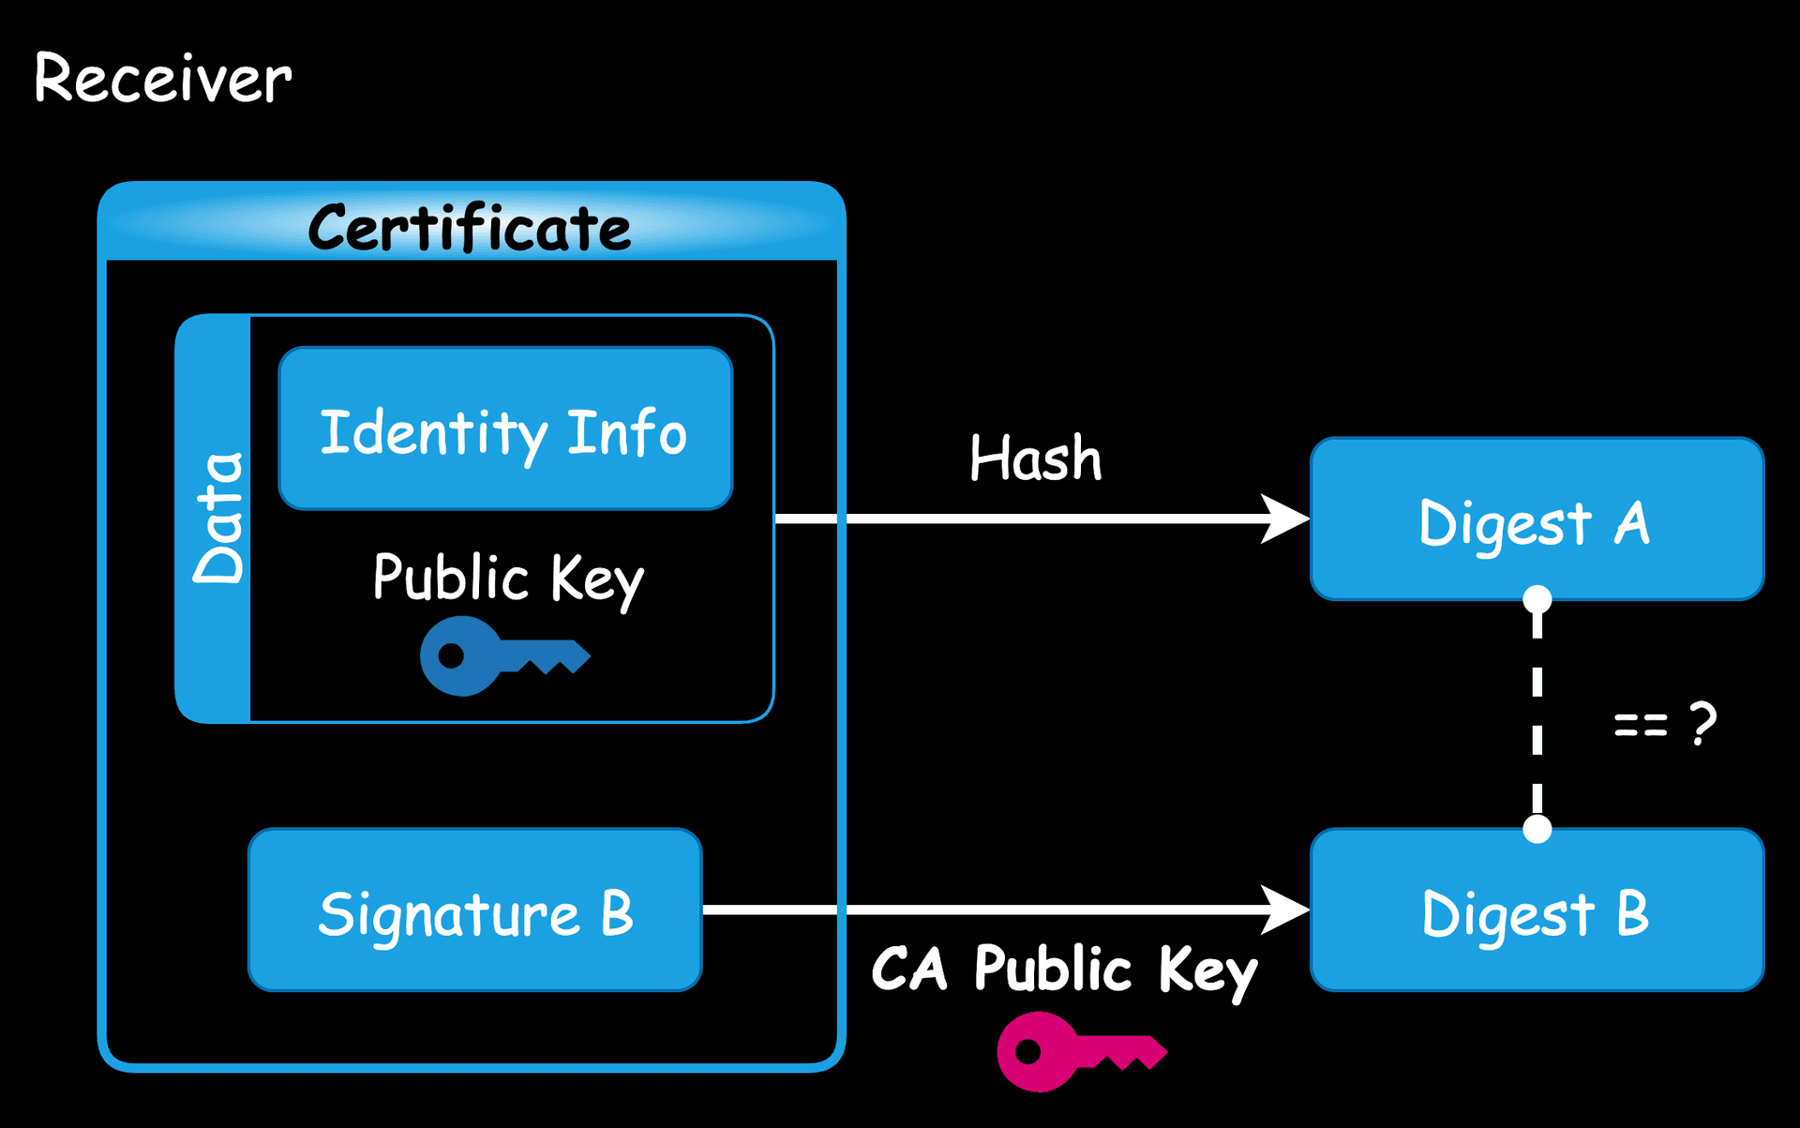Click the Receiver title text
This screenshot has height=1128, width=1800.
tap(162, 79)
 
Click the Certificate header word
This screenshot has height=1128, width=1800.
tap(469, 228)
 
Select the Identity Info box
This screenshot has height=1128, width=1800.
tap(505, 429)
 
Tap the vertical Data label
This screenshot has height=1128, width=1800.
tap(217, 519)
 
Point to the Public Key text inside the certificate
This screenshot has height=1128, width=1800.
tap(507, 578)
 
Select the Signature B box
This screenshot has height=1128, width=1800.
tap(474, 910)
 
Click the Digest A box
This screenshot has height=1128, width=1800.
tap(1537, 519)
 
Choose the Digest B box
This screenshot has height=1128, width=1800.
tap(1537, 910)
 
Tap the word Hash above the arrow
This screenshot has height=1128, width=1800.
tap(1035, 459)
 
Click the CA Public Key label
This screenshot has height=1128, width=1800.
tap(1064, 970)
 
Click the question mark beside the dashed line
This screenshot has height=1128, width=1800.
tap(1702, 723)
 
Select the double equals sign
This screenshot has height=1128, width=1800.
tap(1641, 725)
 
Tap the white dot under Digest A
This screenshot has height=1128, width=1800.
tap(1537, 599)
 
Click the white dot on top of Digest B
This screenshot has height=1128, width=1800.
tap(1537, 829)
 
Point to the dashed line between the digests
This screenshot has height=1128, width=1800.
tap(1537, 713)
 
